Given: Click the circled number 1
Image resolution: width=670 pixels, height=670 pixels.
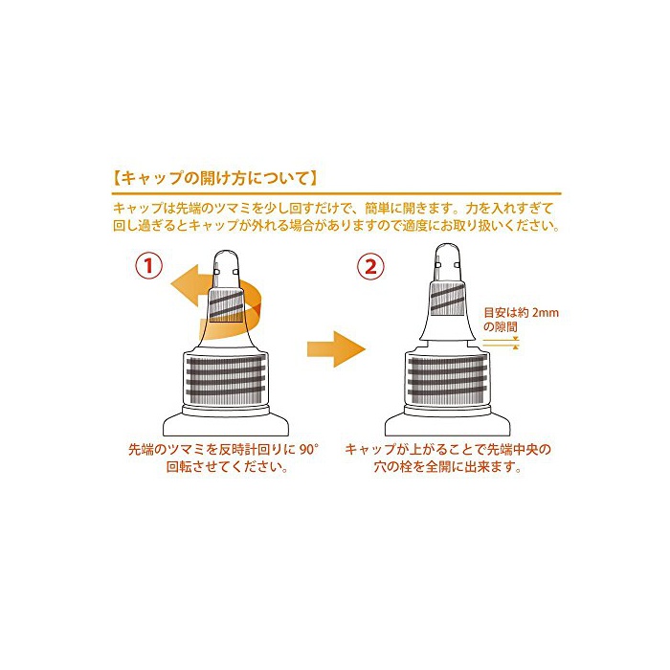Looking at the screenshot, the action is [148, 266].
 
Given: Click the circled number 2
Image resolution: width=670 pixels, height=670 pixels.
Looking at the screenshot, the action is [370, 266].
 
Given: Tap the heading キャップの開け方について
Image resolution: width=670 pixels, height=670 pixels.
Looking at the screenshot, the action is [215, 178].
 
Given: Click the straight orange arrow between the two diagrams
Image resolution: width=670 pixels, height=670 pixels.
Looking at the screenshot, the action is [336, 348].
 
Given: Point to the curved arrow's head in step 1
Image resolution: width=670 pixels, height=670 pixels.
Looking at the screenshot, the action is [184, 285].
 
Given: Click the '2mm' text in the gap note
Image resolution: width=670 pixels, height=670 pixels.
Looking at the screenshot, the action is [546, 313].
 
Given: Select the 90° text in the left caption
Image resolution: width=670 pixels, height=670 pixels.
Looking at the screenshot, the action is [309, 450].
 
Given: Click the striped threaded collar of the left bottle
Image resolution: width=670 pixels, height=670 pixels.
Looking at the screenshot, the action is [226, 378].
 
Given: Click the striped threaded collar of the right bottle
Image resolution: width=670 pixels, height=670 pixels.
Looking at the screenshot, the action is [447, 378].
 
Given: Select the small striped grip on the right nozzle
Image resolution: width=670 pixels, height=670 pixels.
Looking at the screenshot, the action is [447, 299].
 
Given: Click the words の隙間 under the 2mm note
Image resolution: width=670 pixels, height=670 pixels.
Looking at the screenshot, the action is [501, 327].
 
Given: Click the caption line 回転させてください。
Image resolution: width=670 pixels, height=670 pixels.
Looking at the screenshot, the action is [227, 467].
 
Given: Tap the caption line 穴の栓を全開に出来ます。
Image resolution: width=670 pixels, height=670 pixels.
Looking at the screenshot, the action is [448, 467].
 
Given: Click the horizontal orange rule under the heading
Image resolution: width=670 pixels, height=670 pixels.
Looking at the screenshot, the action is [336, 193].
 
